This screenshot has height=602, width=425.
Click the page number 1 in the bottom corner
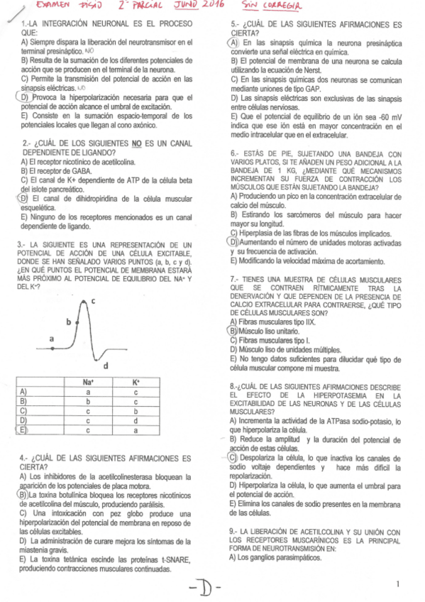pyautogui.click(x=399, y=584)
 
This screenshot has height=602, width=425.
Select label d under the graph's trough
pyautogui.click(x=106, y=366)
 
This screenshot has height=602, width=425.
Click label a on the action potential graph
pyautogui.click(x=51, y=339)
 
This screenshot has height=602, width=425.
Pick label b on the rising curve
pyautogui.click(x=69, y=322)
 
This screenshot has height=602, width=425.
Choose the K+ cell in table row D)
pyautogui.click(x=136, y=420)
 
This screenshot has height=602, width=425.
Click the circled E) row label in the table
pyautogui.click(x=23, y=430)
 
